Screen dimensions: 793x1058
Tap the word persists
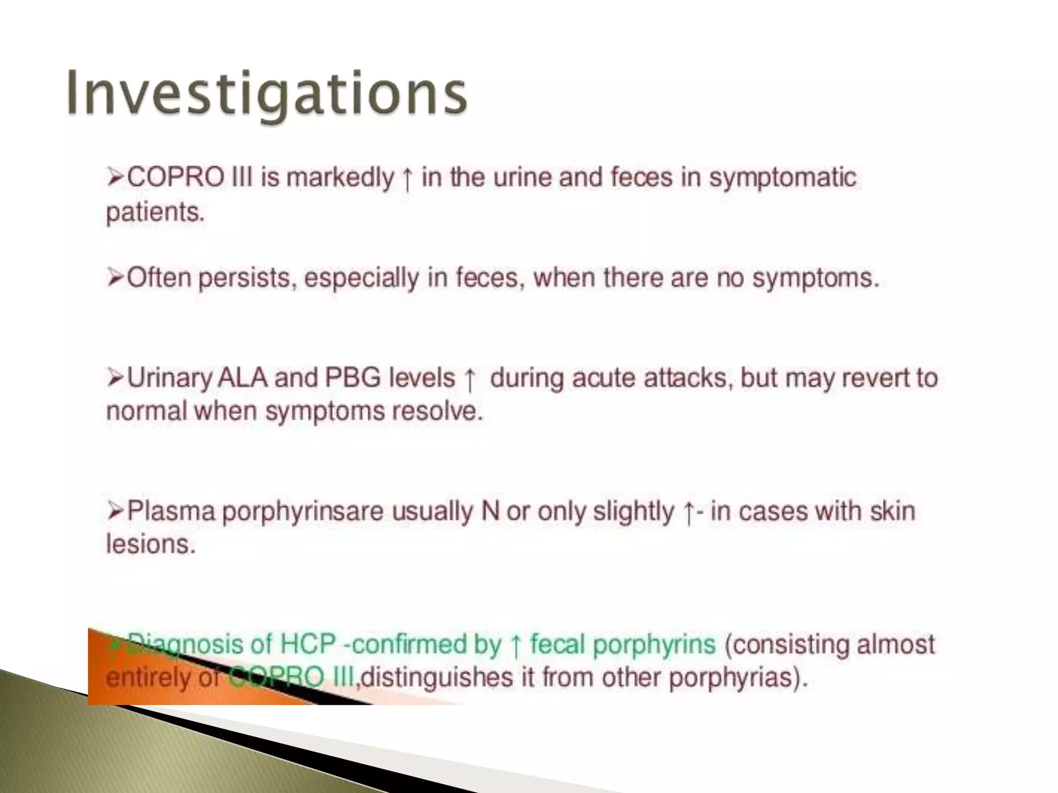(247, 279)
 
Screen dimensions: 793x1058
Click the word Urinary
(169, 378)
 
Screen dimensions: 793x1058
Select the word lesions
(151, 544)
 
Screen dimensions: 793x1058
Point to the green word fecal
(557, 644)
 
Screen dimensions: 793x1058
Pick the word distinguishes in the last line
(437, 677)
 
